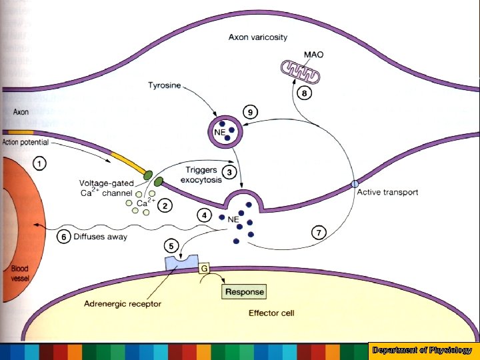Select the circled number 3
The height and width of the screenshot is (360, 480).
point(229,173)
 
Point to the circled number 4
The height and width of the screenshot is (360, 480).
point(205,215)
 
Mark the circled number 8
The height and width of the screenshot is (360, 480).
point(303,93)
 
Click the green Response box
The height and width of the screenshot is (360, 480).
point(244,292)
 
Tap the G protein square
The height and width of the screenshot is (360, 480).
point(205,268)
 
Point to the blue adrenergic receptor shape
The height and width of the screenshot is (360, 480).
point(181,263)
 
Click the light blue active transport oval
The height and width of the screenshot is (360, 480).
point(355,184)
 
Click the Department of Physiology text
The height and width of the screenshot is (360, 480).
point(422,350)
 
